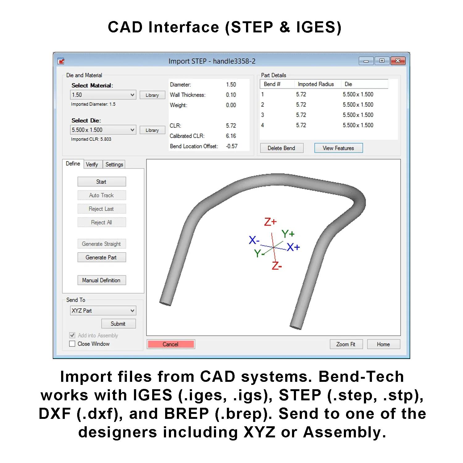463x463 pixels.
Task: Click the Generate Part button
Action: pyautogui.click(x=102, y=257)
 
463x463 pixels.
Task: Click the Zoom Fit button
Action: pyautogui.click(x=346, y=344)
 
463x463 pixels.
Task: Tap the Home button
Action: pyautogui.click(x=383, y=344)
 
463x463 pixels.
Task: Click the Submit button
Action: pyautogui.click(x=118, y=323)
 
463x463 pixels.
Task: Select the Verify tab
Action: pyautogui.click(x=92, y=165)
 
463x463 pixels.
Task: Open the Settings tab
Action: pyautogui.click(x=114, y=165)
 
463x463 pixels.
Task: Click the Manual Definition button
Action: pyautogui.click(x=102, y=280)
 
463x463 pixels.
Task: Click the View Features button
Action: pyautogui.click(x=338, y=148)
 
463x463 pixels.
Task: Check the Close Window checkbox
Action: pyautogui.click(x=72, y=344)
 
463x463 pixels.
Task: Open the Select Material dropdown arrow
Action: pyautogui.click(x=132, y=95)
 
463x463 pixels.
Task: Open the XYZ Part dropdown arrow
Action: pyautogui.click(x=132, y=311)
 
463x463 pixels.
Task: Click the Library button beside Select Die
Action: pyautogui.click(x=152, y=130)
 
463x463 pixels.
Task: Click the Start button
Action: pyautogui.click(x=102, y=182)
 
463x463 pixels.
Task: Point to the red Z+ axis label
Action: pyautogui.click(x=270, y=222)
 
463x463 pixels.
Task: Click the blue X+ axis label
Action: pyautogui.click(x=293, y=247)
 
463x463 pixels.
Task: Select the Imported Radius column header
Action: pyautogui.click(x=316, y=84)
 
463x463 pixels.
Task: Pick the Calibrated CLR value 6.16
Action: pyautogui.click(x=231, y=136)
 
